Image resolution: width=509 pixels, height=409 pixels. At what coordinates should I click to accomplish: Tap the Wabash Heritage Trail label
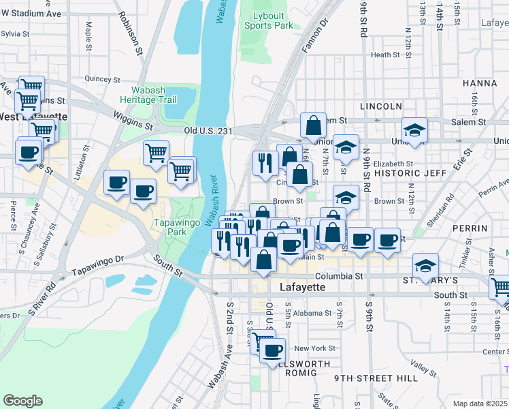pyautogui.click(x=154, y=94)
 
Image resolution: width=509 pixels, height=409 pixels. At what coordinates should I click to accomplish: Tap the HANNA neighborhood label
pyautogui.click(x=480, y=82)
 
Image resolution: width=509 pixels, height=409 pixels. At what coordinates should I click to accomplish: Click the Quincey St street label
pyautogui.click(x=103, y=79)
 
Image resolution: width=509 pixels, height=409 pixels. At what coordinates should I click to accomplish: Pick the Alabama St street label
pyautogui.click(x=313, y=314)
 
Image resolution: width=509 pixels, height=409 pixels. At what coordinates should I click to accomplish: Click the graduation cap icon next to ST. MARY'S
pyautogui.click(x=426, y=264)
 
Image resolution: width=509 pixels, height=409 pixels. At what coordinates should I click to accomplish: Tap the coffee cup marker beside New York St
pyautogui.click(x=273, y=350)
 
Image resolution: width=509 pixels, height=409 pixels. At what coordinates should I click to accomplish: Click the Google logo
pyautogui.click(x=22, y=401)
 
